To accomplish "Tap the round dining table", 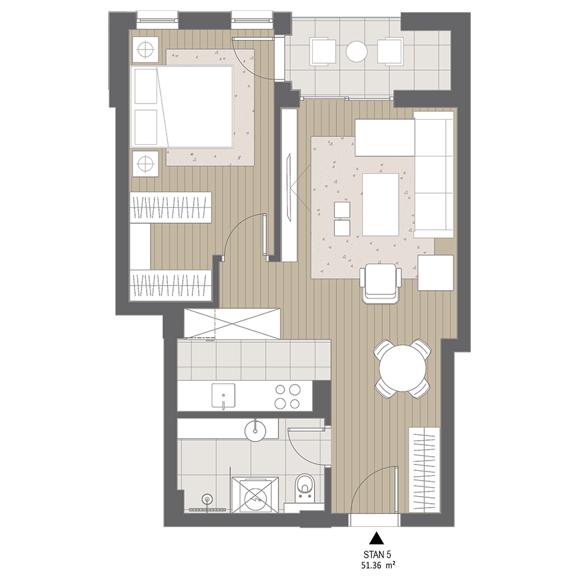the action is point(403,369).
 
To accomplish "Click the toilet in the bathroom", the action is point(304,486).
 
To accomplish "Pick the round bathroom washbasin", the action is point(255,430).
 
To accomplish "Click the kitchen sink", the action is point(223,395).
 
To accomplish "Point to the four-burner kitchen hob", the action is point(288,396).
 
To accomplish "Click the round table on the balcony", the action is point(356,51).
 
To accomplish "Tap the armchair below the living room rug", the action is point(381,283).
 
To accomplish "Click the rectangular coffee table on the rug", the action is point(381,204).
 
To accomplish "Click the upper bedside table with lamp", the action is point(145,49).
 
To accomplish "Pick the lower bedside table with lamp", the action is point(145,163).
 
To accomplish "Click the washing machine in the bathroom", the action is point(255,495).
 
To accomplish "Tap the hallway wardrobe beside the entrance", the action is point(425,470).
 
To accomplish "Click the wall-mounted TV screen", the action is point(289,188).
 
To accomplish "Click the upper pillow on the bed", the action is point(146,86).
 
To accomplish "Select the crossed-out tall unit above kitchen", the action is point(232,324).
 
